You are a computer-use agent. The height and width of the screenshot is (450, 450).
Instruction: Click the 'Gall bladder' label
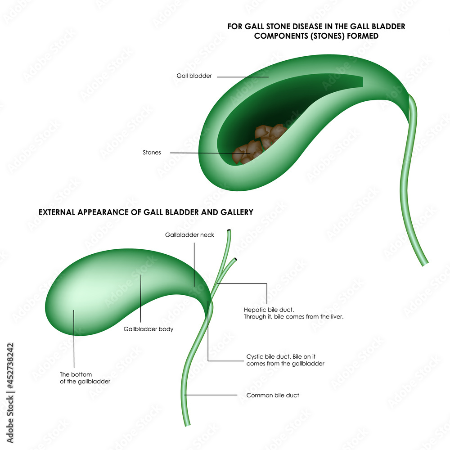point(194,76)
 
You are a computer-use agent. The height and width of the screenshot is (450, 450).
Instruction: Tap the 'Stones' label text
point(152,153)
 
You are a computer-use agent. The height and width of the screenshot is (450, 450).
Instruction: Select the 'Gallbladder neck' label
point(189,235)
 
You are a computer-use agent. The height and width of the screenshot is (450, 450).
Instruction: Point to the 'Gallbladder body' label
point(148,329)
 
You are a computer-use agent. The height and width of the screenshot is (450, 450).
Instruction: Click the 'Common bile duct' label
point(273,396)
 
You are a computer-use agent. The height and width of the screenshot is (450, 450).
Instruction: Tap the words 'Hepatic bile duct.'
point(269,310)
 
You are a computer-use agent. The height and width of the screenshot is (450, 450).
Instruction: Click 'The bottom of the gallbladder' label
point(85,378)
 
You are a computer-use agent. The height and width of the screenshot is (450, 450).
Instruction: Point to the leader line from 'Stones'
point(202,153)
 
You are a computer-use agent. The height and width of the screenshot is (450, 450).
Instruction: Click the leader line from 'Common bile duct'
point(211,396)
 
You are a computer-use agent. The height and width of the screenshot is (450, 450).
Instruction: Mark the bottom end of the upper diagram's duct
point(425,263)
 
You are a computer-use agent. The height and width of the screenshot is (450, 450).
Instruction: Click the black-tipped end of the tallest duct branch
point(230,231)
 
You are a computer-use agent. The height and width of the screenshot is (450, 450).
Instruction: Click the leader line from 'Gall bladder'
point(243,76)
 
